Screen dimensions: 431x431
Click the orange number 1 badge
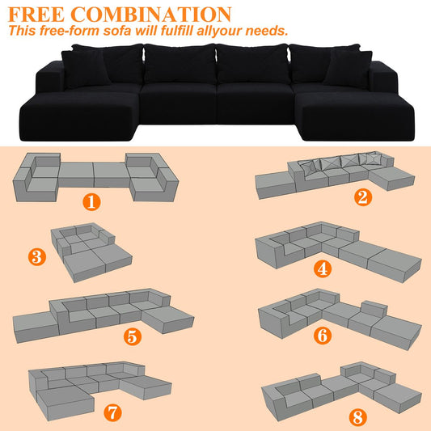[91, 202]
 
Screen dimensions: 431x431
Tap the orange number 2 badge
[363, 197]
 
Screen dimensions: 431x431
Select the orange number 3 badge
[37, 257]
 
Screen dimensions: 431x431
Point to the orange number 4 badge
[323, 268]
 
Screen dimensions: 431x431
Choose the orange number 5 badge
[133, 336]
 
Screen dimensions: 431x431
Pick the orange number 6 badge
[323, 336]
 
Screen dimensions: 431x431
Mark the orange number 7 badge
[112, 412]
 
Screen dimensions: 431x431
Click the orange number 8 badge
[358, 417]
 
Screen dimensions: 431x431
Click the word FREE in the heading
[36, 15]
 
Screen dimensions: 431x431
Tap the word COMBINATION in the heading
[151, 15]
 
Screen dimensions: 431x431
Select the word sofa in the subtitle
[116, 30]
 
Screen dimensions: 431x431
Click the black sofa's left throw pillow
[85, 69]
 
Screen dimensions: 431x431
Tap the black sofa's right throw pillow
[348, 69]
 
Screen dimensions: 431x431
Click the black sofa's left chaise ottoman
[80, 116]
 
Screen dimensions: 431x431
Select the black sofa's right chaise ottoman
[356, 116]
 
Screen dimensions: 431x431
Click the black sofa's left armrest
[50, 77]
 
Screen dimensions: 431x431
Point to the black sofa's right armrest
[383, 76]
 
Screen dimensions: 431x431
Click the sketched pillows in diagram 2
[341, 162]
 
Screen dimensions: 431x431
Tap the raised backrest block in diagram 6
[374, 309]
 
